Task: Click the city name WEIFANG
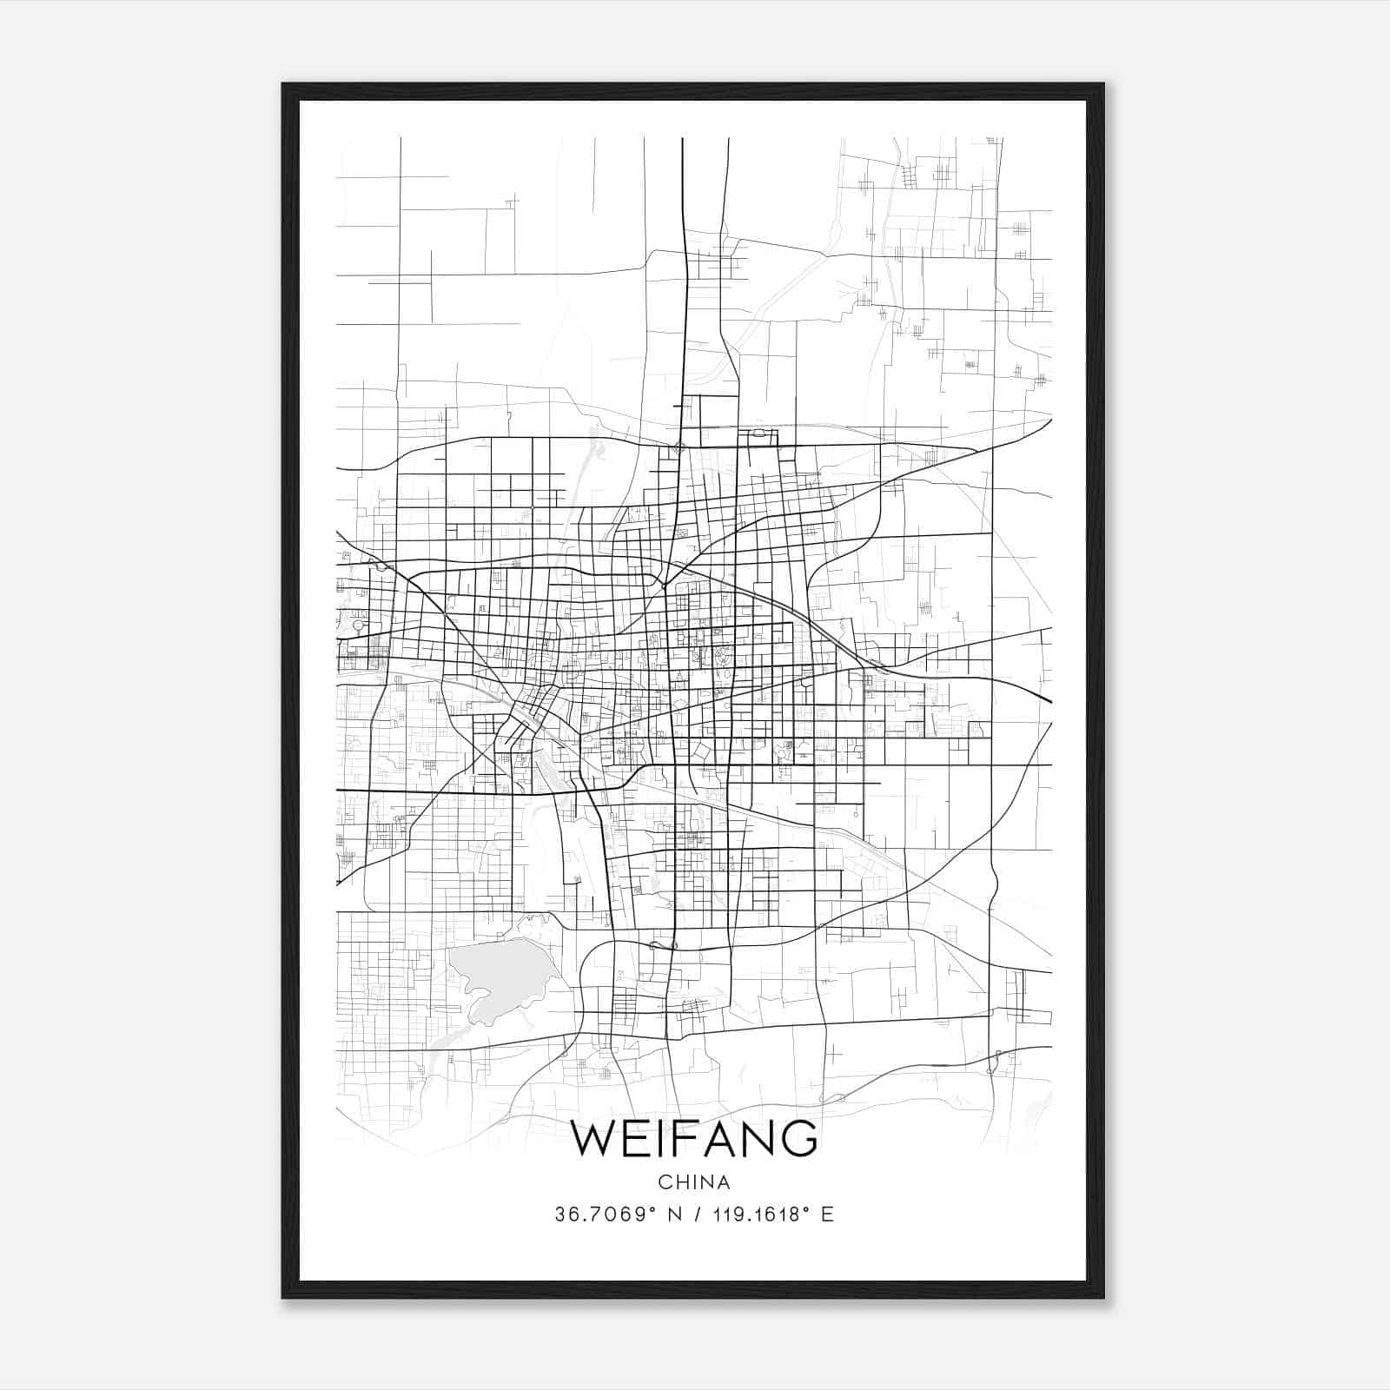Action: click(693, 1138)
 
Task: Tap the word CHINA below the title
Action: click(694, 1182)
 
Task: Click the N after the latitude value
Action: click(674, 1215)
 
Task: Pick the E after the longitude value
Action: click(827, 1215)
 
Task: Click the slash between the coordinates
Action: click(695, 1215)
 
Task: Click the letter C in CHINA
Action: click(665, 1182)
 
